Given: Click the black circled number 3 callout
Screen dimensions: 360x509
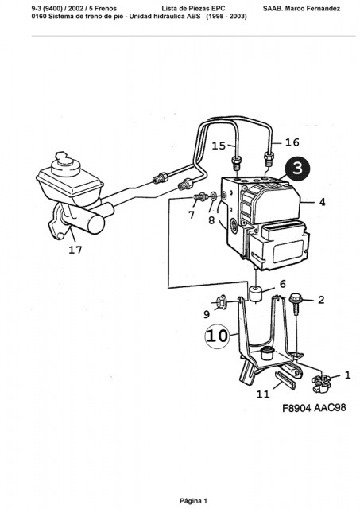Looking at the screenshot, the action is (x=297, y=169).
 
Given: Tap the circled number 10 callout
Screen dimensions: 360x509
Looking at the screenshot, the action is (x=217, y=336).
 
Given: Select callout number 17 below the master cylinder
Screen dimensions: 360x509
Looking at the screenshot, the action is (x=75, y=250).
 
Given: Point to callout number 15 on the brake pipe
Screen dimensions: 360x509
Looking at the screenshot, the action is (x=219, y=146).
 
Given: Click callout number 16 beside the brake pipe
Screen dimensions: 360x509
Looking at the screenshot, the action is (x=292, y=142).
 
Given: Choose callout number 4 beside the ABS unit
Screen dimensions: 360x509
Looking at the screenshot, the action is (x=322, y=202).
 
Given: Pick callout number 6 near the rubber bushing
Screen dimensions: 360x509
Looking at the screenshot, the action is (x=283, y=284).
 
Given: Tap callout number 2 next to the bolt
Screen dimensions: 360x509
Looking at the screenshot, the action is (x=321, y=300).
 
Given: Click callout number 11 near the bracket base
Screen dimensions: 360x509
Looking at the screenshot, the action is (x=263, y=394).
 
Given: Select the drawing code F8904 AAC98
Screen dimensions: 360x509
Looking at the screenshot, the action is (x=314, y=407).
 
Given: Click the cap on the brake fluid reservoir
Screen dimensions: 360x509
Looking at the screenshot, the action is (x=66, y=164).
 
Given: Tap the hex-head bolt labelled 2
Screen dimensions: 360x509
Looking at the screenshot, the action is (x=295, y=301).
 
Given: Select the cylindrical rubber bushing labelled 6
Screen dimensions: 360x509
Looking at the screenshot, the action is (x=256, y=293).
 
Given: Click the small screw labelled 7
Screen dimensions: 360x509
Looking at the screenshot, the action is (x=200, y=196).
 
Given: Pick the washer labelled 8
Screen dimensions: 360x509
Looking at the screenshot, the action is (x=214, y=196).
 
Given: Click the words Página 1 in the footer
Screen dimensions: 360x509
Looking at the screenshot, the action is (x=193, y=500).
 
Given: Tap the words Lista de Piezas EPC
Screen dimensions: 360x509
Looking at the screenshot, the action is (x=193, y=9).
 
